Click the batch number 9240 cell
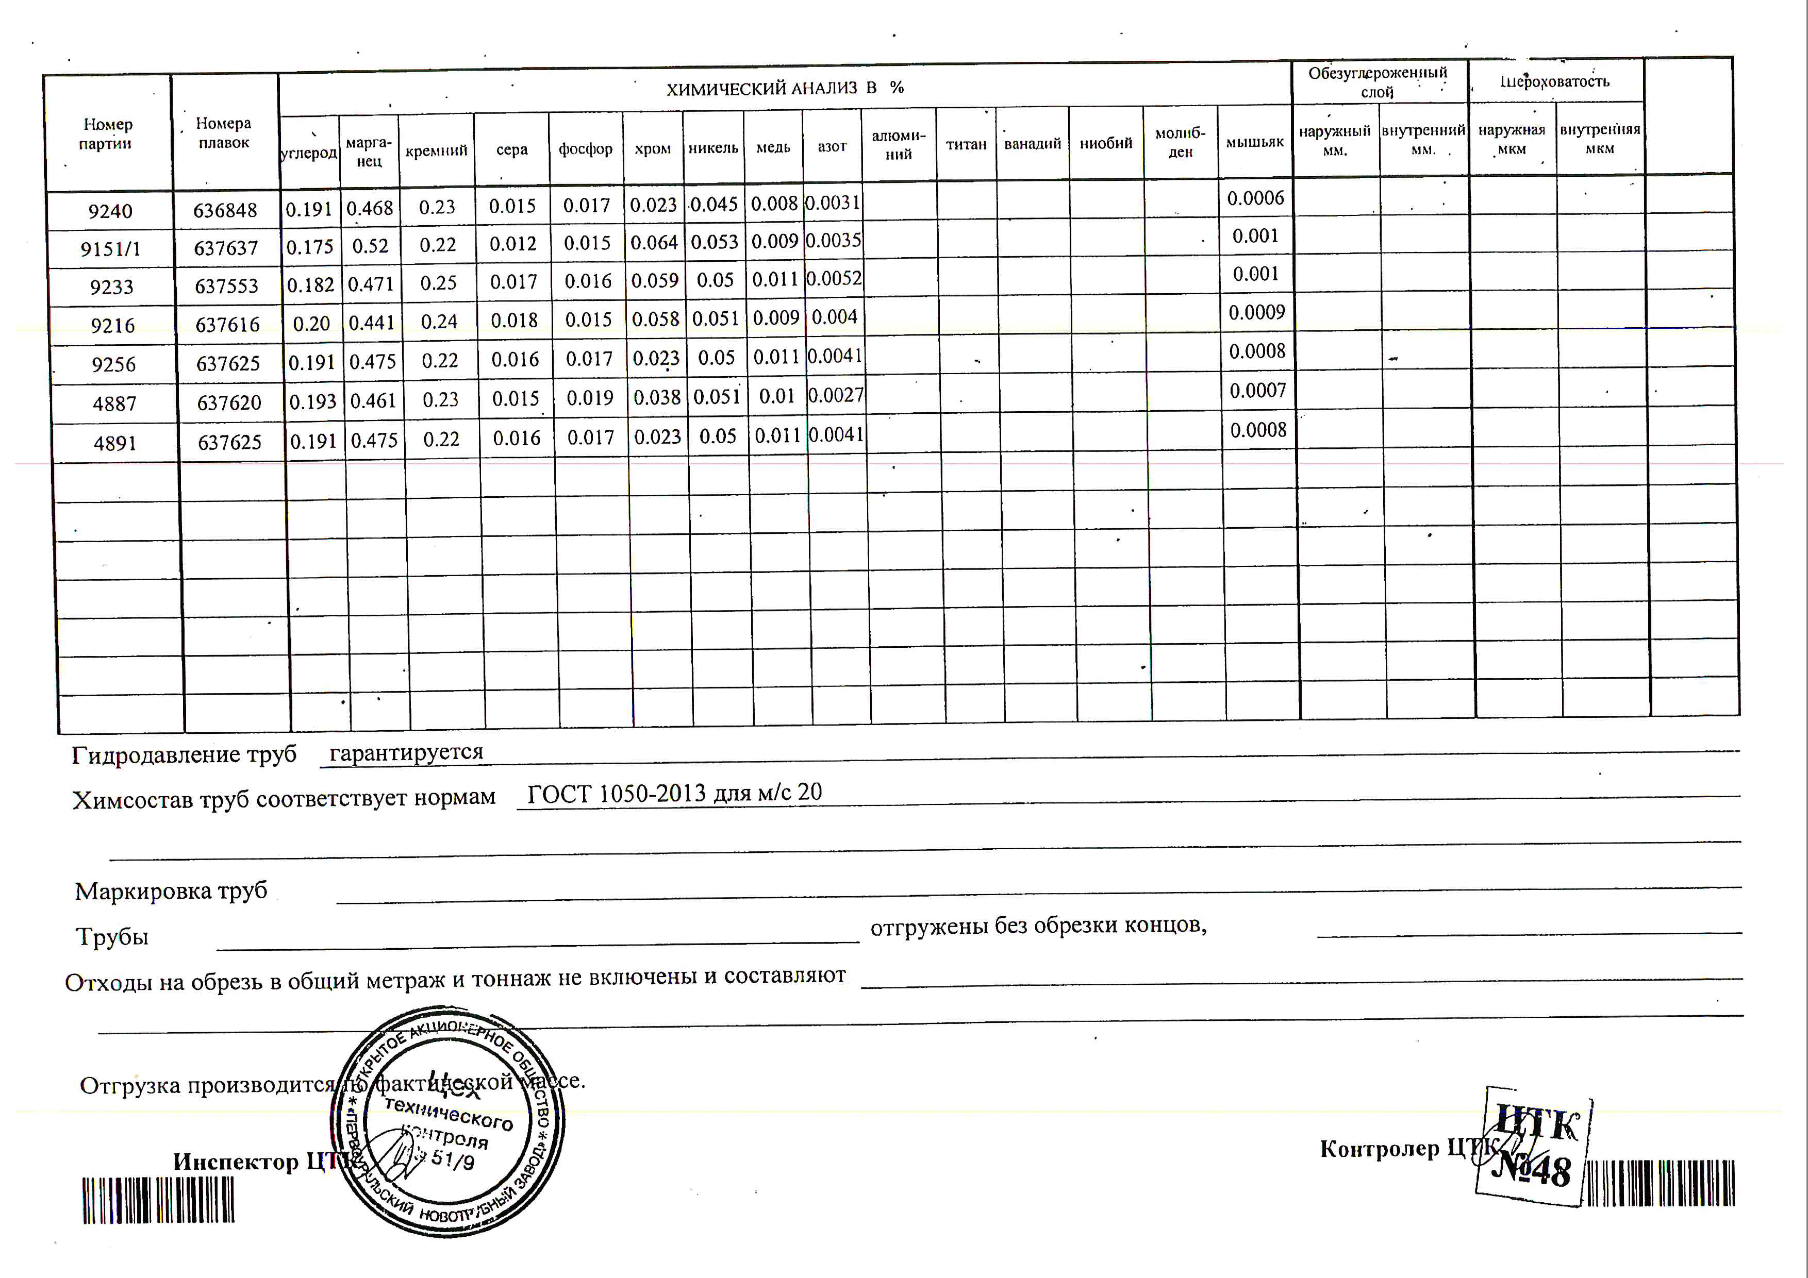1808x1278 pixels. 110,211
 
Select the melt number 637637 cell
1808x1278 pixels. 226,248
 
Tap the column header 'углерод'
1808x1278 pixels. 309,152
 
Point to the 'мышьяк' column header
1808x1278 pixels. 1254,142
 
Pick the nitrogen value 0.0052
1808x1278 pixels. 834,279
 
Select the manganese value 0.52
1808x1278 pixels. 370,245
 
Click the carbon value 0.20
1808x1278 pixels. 311,324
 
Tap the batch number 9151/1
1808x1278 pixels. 110,249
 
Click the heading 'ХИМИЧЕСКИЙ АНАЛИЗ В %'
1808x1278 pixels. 784,88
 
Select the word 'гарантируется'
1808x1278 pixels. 406,752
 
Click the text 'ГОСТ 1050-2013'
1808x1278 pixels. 617,793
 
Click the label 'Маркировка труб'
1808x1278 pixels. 171,891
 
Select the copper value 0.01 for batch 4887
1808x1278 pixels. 776,396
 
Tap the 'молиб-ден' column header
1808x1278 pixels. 1180,142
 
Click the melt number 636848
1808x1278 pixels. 225,210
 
